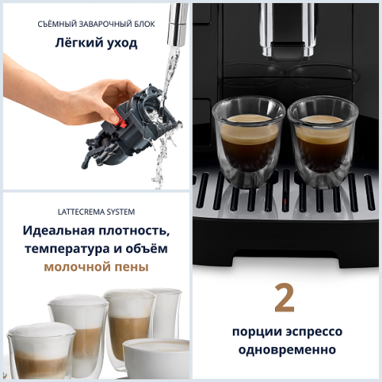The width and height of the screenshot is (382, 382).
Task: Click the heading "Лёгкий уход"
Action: pyautogui.click(x=96, y=43)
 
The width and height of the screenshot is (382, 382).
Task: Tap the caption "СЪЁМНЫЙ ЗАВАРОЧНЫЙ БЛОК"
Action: pyautogui.click(x=96, y=24)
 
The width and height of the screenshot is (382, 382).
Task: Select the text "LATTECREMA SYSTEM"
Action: pyautogui.click(x=96, y=211)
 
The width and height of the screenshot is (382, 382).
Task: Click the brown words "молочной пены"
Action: pyautogui.click(x=96, y=267)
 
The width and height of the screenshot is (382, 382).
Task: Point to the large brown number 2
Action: pyautogui.click(x=284, y=299)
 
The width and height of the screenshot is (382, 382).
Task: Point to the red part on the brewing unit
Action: pyautogui.click(x=115, y=118)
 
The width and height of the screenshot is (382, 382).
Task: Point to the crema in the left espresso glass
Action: pyautogui.click(x=248, y=120)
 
